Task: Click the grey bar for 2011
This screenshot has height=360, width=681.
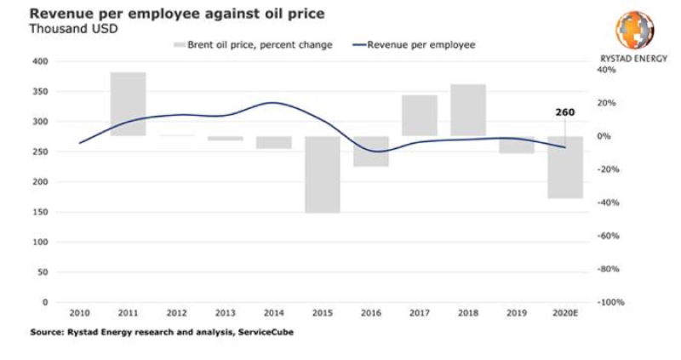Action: (128, 104)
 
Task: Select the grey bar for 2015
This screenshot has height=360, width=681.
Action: (322, 174)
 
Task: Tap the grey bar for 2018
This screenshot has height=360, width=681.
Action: (467, 110)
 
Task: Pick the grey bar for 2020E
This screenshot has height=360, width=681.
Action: (564, 167)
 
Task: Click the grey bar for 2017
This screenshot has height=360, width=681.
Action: (419, 115)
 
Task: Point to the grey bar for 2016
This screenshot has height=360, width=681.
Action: (370, 151)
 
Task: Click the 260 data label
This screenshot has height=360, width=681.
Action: (564, 111)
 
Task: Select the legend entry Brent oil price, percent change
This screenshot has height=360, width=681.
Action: (259, 44)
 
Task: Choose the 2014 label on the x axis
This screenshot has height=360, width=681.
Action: (273, 314)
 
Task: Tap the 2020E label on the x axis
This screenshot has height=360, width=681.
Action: (564, 314)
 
